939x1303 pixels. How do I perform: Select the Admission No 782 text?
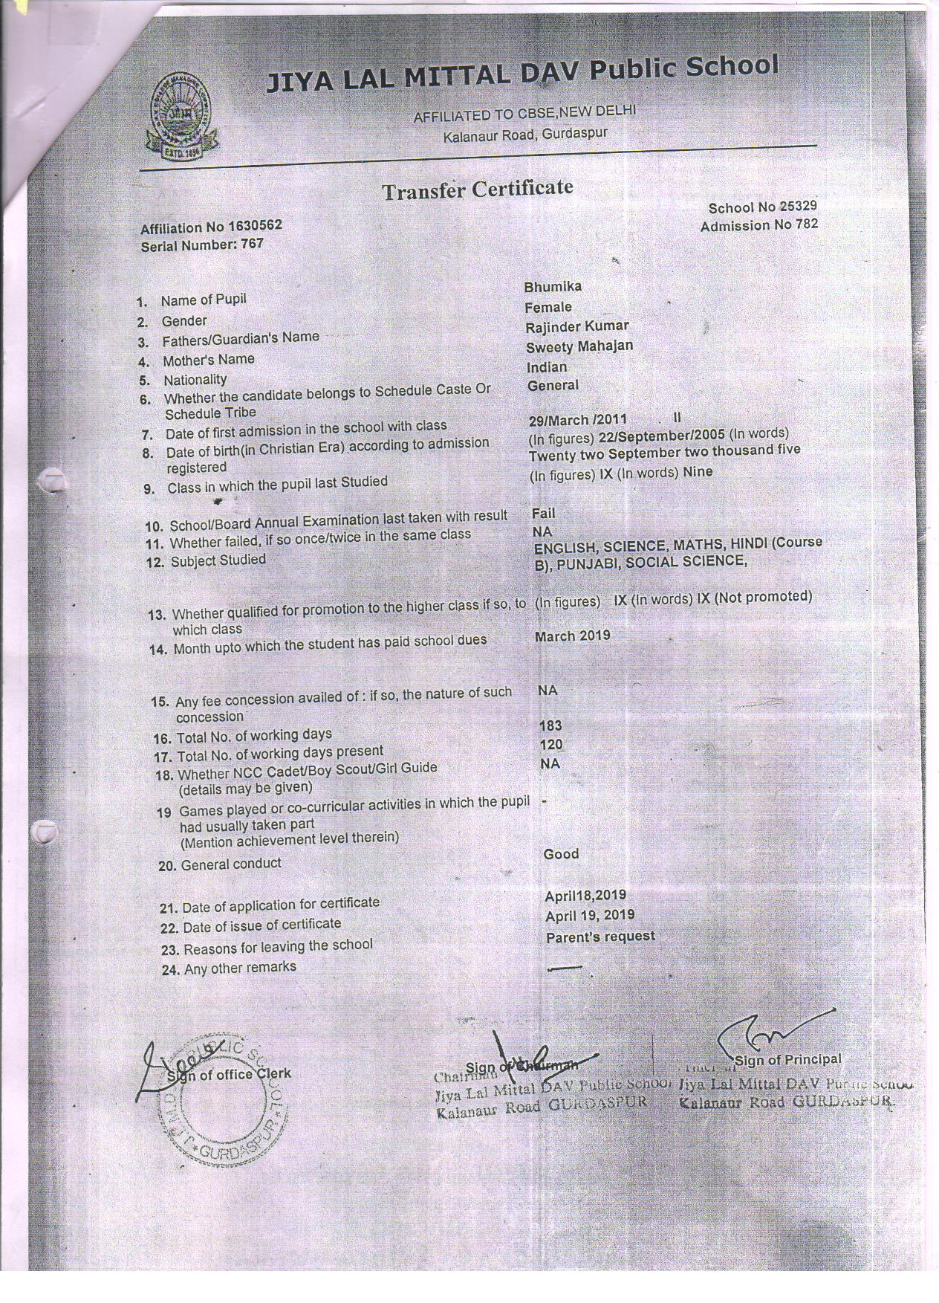tap(758, 224)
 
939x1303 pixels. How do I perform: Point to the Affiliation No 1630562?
tap(211, 227)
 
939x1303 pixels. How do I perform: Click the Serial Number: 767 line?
tap(202, 244)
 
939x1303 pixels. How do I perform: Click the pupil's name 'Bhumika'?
tap(553, 287)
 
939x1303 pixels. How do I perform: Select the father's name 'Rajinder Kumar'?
tap(576, 326)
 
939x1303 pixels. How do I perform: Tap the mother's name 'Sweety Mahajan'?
tap(579, 346)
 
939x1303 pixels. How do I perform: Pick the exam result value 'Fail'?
tap(543, 513)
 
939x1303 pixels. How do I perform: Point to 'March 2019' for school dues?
tap(572, 636)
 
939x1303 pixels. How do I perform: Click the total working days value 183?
tap(550, 725)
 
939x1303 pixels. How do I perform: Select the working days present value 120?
tap(551, 745)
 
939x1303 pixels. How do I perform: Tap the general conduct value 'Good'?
tap(561, 854)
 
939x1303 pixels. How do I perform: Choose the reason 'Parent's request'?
tap(600, 937)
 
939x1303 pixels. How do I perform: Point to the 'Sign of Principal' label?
tap(788, 1060)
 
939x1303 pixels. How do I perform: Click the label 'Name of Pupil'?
tap(204, 300)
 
